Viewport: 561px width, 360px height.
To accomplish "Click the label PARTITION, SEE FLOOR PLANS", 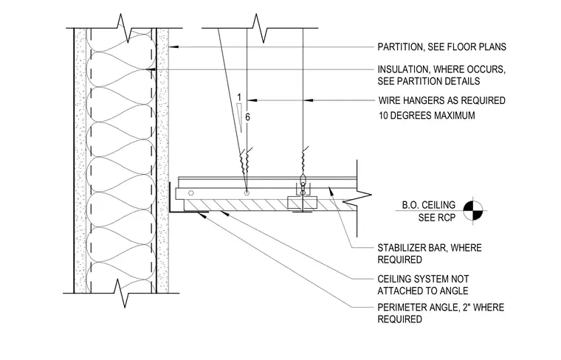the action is pyautogui.click(x=442, y=46).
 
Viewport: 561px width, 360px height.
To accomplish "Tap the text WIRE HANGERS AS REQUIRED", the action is pyautogui.click(x=442, y=100).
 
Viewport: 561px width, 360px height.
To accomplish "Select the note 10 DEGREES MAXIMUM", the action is pyautogui.click(x=427, y=116).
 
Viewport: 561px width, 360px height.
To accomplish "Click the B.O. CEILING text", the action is pyautogui.click(x=429, y=205).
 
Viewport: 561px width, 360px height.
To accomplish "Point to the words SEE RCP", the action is pyautogui.click(x=437, y=218).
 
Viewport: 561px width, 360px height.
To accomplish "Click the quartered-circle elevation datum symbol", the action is pyautogui.click(x=473, y=210).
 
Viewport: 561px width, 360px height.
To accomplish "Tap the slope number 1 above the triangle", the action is pyautogui.click(x=239, y=97).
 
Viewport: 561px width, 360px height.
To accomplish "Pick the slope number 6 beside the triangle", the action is pyautogui.click(x=247, y=117).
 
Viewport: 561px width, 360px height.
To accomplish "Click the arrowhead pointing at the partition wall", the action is pyautogui.click(x=173, y=46).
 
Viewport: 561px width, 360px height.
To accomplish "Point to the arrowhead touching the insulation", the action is pyautogui.click(x=151, y=69).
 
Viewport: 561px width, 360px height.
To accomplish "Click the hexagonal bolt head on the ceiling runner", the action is pyautogui.click(x=191, y=193).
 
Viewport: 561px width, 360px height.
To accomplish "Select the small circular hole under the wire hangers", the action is pyautogui.click(x=247, y=193).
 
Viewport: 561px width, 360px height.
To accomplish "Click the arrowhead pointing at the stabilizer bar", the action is pyautogui.click(x=331, y=190).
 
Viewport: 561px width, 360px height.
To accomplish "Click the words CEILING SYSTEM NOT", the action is pyautogui.click(x=423, y=279).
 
